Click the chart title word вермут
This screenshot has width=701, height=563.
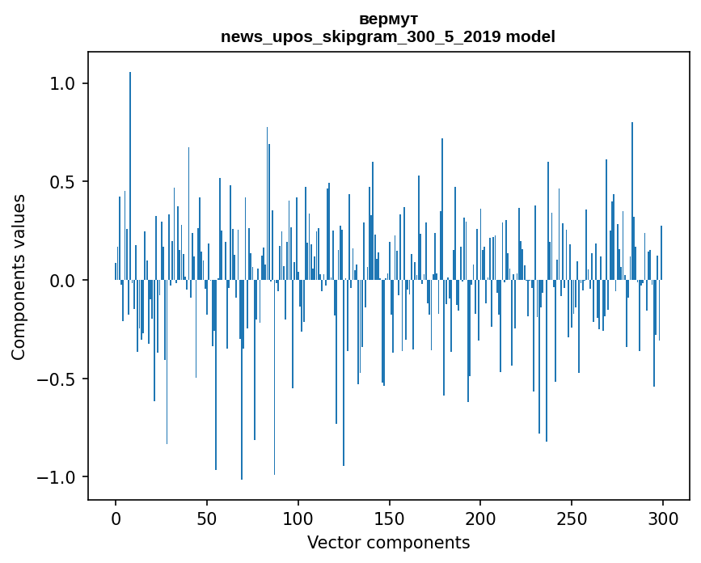coord(388,19)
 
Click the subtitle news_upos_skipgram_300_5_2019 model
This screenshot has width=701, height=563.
coord(388,36)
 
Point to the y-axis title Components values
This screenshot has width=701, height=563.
coord(19,277)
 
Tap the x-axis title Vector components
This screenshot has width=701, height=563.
coord(388,542)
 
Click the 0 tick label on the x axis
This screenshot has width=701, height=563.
coord(116,518)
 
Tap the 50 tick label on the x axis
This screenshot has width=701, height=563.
coord(207,518)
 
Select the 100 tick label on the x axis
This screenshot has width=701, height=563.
coord(298,518)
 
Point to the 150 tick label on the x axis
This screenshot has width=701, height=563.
coord(390,518)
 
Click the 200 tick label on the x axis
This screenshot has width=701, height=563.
coord(480,518)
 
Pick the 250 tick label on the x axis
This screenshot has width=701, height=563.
coord(572,518)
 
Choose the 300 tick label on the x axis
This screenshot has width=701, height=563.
coord(663,518)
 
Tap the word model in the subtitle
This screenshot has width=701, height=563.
coord(531,36)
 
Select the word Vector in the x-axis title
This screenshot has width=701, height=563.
coord(331,542)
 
